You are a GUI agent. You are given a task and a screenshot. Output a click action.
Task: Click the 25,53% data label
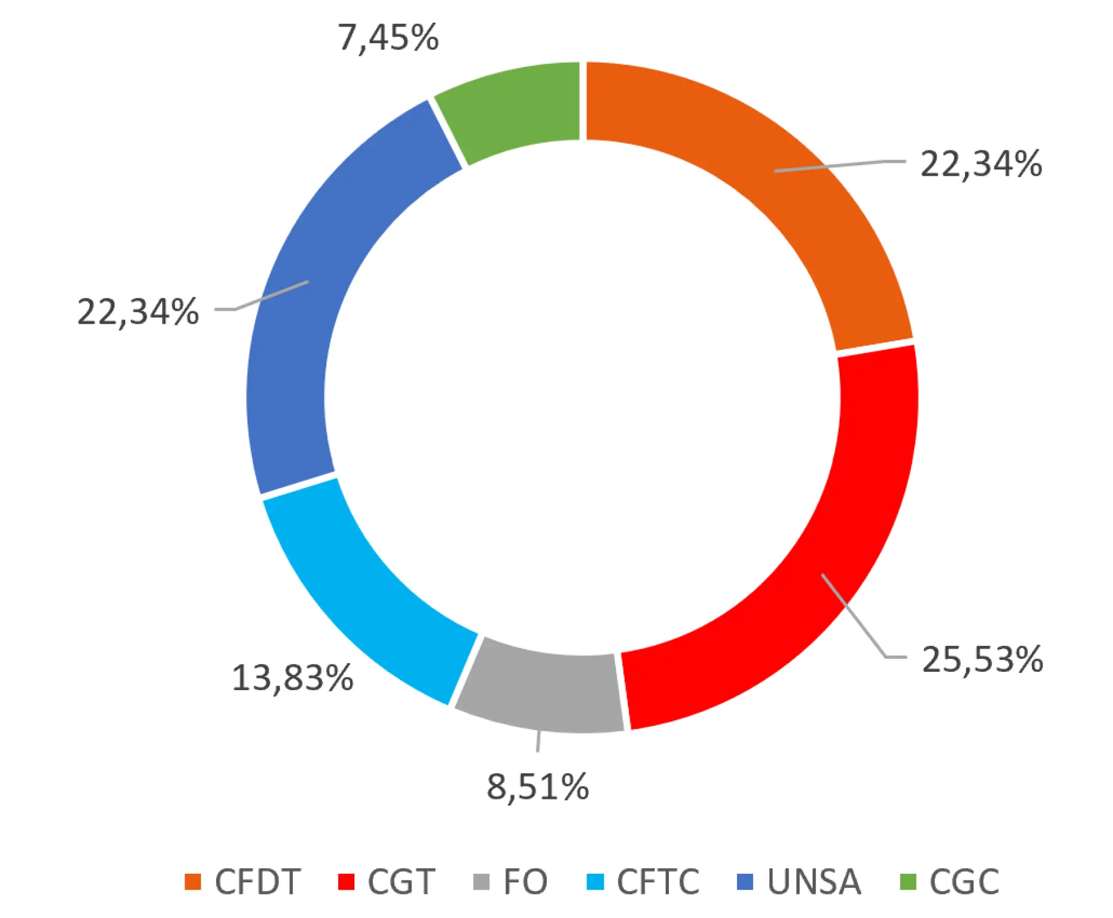pos(982,659)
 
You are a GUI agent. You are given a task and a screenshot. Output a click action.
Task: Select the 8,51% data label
pos(537,787)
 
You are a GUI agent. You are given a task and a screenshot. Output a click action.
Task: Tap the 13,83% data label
pos(292,678)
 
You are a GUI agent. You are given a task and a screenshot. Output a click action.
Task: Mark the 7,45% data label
pos(388,37)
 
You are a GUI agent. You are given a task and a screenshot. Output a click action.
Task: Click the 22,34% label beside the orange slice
pos(981,164)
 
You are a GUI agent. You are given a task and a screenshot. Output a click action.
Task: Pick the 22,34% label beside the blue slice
pos(138,311)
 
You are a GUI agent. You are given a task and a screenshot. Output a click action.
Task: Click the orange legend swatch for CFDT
pos(193,882)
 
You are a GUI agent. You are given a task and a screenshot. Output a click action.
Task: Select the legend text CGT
pos(401,882)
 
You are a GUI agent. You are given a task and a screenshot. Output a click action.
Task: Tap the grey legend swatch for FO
pos(482,882)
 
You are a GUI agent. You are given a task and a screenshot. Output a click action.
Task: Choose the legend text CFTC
pos(658,882)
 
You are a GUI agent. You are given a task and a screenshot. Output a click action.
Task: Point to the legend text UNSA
pos(814,882)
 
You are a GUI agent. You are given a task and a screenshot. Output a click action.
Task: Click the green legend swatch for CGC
pos(908,882)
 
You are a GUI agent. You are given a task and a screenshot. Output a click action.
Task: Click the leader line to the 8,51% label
pos(538,741)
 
